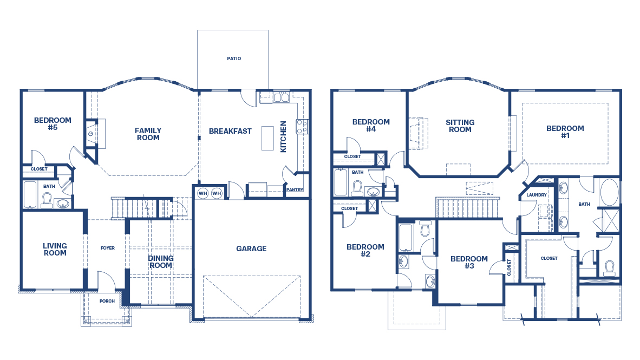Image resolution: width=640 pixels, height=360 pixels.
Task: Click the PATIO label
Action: (x=234, y=58)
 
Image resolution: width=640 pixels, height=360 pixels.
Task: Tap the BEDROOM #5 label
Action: (x=53, y=124)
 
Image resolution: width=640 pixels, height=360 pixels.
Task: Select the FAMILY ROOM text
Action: (x=148, y=134)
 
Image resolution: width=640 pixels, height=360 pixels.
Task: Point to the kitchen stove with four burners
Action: (x=301, y=127)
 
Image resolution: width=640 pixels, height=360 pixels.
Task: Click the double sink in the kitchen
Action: (x=280, y=98)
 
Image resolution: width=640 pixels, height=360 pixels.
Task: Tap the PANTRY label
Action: (x=295, y=189)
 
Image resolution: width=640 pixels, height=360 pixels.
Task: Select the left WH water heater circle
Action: (x=203, y=193)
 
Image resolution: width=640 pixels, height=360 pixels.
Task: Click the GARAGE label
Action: (x=251, y=248)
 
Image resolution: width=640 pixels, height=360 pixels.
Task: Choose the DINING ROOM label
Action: (x=160, y=262)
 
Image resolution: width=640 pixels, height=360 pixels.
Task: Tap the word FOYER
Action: (x=107, y=248)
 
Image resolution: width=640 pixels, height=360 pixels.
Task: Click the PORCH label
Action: (x=107, y=301)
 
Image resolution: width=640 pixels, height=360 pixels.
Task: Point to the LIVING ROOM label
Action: (x=55, y=250)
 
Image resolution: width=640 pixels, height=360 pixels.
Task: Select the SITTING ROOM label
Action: (x=460, y=126)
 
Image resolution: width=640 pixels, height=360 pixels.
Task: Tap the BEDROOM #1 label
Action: (x=565, y=132)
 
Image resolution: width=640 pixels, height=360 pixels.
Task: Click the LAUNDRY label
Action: (x=536, y=195)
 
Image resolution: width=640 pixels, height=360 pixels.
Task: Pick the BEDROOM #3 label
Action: (x=469, y=263)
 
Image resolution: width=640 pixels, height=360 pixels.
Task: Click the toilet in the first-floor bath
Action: (x=46, y=202)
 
